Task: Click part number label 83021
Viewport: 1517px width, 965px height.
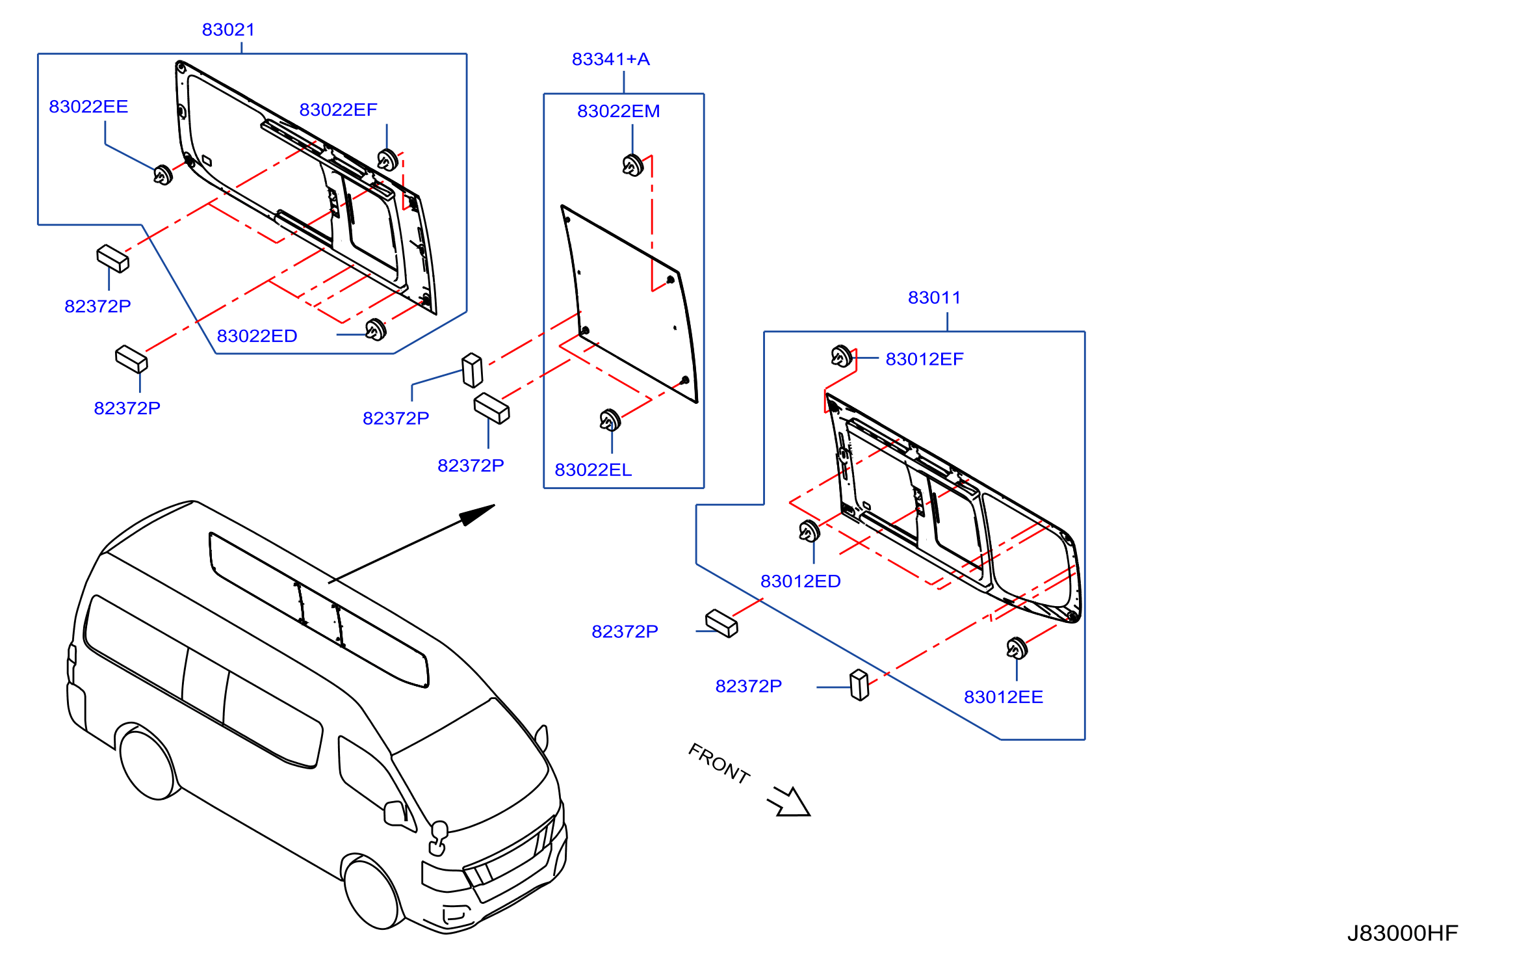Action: tap(228, 30)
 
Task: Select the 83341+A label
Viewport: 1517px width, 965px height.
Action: tap(610, 59)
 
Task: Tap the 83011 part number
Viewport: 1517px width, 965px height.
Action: tap(934, 298)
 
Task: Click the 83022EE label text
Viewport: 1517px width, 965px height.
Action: tap(88, 107)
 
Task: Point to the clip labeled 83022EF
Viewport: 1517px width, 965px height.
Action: tap(387, 159)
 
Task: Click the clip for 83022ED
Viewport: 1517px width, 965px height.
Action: tap(376, 330)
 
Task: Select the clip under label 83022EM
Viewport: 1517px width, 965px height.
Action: tap(632, 165)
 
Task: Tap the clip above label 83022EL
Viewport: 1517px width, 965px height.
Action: tap(610, 420)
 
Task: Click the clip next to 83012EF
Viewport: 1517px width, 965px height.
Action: tap(841, 356)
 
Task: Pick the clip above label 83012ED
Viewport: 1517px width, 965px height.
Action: tap(809, 531)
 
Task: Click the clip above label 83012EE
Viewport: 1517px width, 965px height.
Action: tap(1017, 648)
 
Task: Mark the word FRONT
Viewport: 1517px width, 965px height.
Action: tap(719, 763)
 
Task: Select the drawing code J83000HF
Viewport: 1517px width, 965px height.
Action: tap(1402, 933)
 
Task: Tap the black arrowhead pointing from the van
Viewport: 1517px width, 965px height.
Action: tap(478, 514)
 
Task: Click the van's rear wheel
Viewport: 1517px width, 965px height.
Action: tap(147, 764)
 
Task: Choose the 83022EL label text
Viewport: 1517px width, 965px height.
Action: tap(593, 470)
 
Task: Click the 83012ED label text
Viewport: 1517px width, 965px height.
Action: tap(800, 581)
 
